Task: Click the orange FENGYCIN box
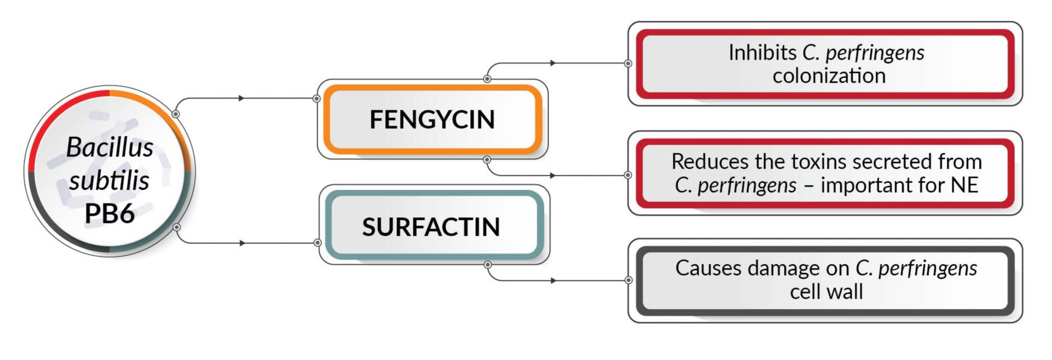432,120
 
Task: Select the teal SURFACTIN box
431,227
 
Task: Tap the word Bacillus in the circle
110,147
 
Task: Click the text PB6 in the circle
109,214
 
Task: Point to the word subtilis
109,181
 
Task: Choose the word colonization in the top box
829,76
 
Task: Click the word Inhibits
762,53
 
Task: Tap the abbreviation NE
964,185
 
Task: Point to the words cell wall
826,292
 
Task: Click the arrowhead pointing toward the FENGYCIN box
241,98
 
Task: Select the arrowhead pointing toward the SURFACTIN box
242,243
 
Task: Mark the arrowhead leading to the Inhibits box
552,63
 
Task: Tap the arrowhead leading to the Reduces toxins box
552,175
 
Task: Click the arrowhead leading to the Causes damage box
553,281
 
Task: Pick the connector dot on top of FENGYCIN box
487,78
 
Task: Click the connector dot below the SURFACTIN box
487,265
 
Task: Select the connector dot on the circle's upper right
175,114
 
